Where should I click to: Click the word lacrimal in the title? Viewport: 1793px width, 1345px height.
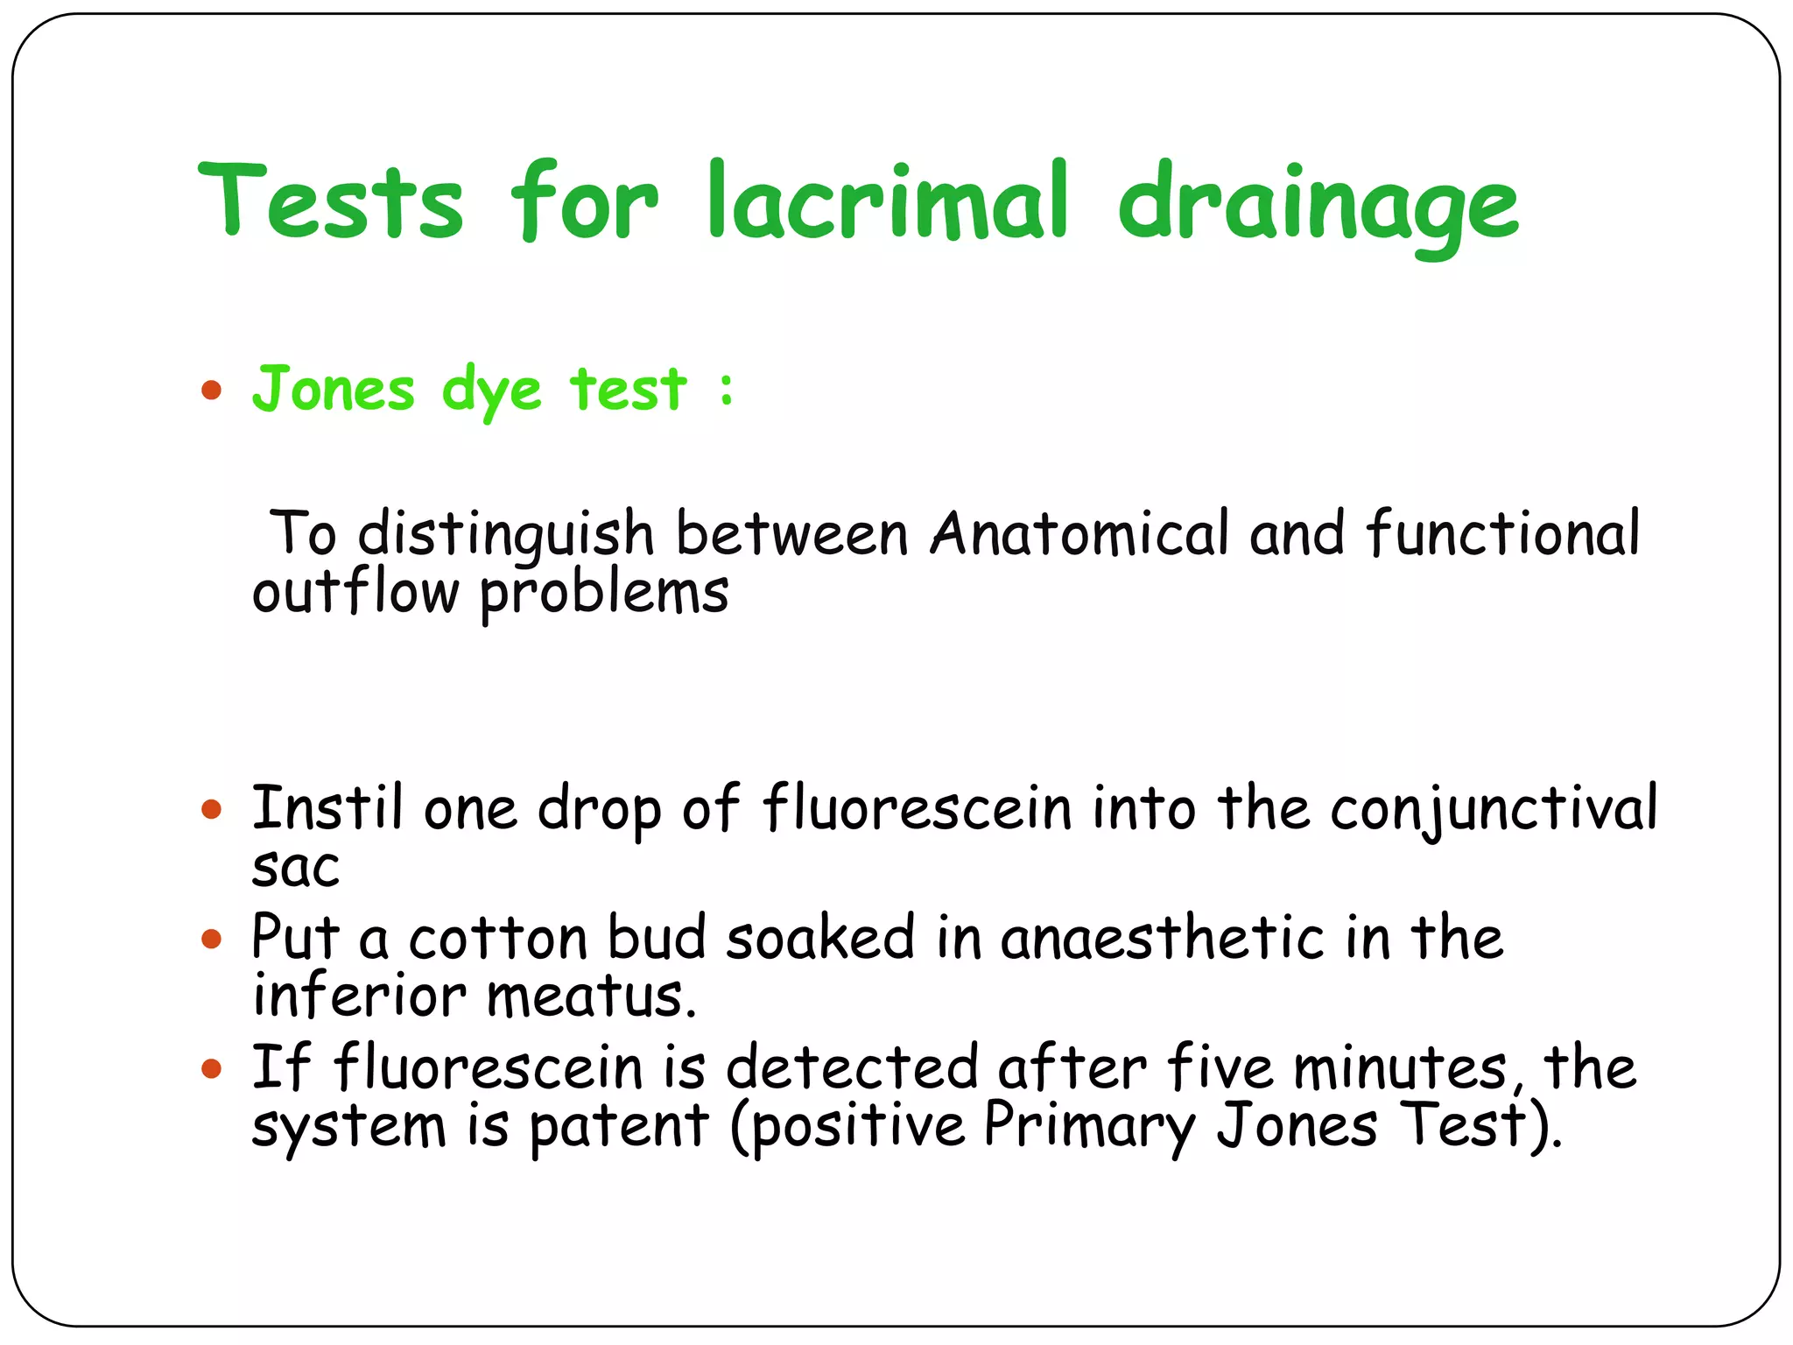[x=888, y=201]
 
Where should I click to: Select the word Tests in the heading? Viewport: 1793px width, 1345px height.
[x=331, y=201]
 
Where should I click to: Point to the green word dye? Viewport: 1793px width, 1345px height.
[x=492, y=391]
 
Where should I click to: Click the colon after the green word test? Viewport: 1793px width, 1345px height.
[x=726, y=390]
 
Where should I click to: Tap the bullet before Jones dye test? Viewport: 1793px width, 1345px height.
[x=211, y=390]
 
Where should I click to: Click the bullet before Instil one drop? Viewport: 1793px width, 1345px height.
[x=211, y=808]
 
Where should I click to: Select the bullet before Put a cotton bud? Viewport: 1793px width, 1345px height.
[x=211, y=940]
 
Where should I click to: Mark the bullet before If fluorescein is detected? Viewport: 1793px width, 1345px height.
[x=211, y=1068]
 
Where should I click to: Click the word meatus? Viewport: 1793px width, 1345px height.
[x=591, y=996]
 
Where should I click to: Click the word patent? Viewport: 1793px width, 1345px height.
[x=619, y=1127]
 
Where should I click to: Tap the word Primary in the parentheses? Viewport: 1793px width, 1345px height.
[x=1089, y=1127]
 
